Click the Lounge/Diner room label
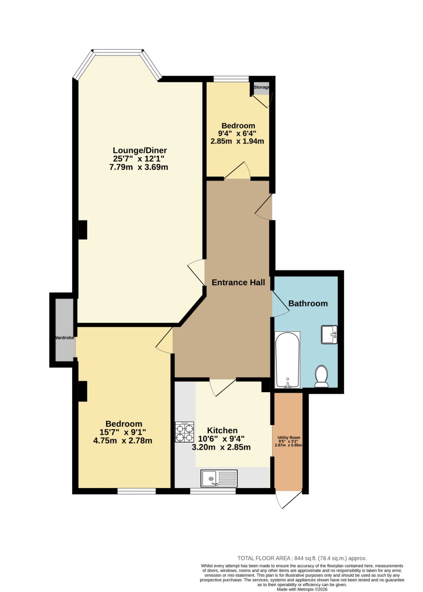click(x=140, y=150)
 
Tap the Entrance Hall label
click(x=238, y=282)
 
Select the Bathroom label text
click(x=308, y=303)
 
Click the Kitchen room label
click(x=222, y=430)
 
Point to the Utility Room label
click(x=289, y=437)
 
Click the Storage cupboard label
click(x=262, y=87)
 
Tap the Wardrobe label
click(x=64, y=338)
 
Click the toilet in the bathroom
click(x=322, y=376)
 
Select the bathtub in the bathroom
click(x=287, y=360)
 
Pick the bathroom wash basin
click(x=329, y=334)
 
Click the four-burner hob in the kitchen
click(x=184, y=432)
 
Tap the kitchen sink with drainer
click(x=219, y=478)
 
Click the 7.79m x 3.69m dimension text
click(x=139, y=167)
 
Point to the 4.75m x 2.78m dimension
click(x=123, y=441)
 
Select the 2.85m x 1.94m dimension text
click(x=237, y=141)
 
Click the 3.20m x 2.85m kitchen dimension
click(x=221, y=447)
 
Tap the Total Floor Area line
click(x=302, y=558)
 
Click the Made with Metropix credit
click(x=302, y=589)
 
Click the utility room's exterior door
click(x=288, y=499)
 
